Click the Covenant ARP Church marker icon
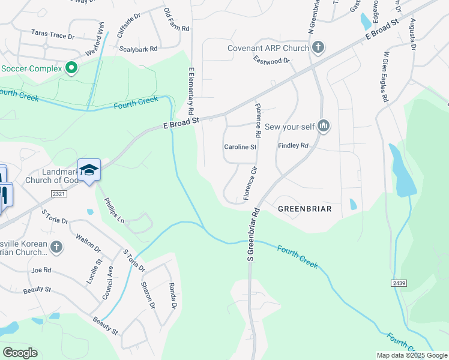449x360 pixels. pos(318,47)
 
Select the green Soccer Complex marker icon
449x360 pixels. pos(71,68)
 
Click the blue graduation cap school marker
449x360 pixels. pos(89,170)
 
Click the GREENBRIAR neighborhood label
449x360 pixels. pos(305,209)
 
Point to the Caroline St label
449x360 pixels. pos(240,147)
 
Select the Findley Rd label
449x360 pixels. pos(293,146)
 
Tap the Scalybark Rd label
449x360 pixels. pos(138,49)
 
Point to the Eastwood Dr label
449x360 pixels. pos(271,60)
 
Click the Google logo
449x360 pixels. pos(20,353)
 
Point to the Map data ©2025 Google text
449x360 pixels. pos(412,355)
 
